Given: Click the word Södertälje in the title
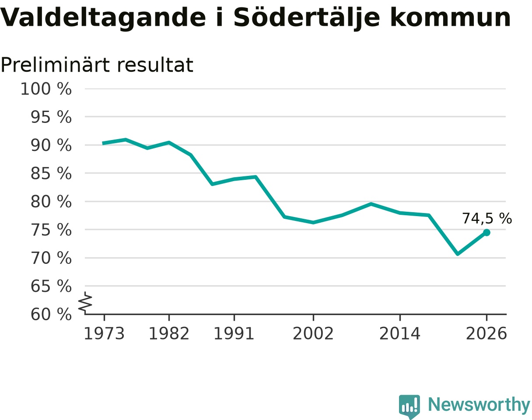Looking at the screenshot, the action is [307, 18].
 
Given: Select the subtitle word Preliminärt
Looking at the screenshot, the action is [55, 65].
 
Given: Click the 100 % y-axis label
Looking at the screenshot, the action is [46, 89].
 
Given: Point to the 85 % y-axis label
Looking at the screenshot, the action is [51, 173].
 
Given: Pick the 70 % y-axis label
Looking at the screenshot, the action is [51, 258].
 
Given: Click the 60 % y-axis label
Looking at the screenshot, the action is [51, 315].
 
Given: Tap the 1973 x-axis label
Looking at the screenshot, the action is [104, 333].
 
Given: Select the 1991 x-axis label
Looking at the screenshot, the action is [234, 333].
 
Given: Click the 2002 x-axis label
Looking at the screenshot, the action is [313, 333].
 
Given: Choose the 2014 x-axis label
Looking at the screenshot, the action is [400, 333].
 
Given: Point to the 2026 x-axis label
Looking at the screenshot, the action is [486, 333].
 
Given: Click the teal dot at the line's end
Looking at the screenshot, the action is [486, 233].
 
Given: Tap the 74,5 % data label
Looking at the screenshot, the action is [487, 218].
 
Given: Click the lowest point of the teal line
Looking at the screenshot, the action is [458, 254].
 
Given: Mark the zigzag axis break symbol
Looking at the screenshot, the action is [85, 301].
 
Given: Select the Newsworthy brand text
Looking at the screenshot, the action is [479, 405].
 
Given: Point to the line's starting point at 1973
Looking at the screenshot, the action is [103, 143].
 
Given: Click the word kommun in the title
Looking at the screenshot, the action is [451, 18].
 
